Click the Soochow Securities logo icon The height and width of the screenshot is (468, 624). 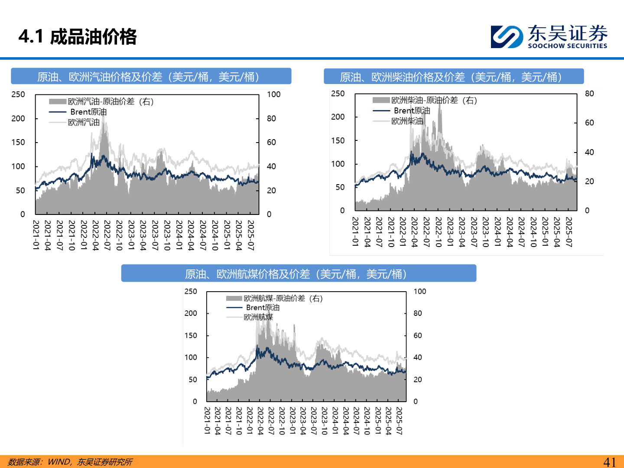pyautogui.click(x=507, y=36)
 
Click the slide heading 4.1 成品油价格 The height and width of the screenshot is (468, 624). pyautogui.click(x=78, y=37)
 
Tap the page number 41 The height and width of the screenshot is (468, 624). pyautogui.click(x=609, y=462)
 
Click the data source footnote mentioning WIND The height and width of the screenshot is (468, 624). pyautogui.click(x=70, y=462)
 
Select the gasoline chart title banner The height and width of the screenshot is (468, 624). pyautogui.click(x=151, y=77)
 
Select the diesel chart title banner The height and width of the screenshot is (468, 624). pyautogui.click(x=453, y=77)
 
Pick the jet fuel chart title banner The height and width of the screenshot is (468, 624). pyautogui.click(x=298, y=274)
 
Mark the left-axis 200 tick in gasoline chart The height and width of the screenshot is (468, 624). pyautogui.click(x=18, y=118)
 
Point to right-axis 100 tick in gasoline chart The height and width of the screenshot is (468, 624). pyautogui.click(x=274, y=94)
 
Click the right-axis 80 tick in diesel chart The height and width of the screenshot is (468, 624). pyautogui.click(x=589, y=94)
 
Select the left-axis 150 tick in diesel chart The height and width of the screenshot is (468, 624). pyautogui.click(x=338, y=140)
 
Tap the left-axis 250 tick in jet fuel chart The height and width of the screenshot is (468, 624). pyautogui.click(x=191, y=292)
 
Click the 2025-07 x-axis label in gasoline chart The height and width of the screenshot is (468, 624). pyautogui.click(x=250, y=235)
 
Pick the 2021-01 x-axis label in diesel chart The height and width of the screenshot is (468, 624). pyautogui.click(x=355, y=232)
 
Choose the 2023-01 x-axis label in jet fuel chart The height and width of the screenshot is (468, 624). pyautogui.click(x=292, y=420)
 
